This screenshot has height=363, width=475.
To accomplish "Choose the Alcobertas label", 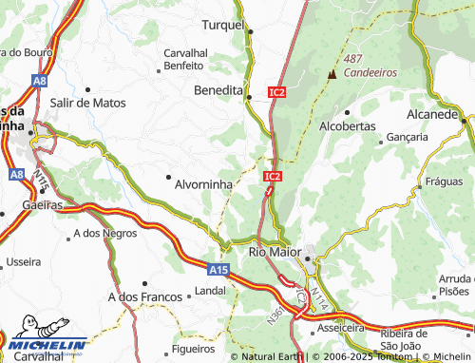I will point(348,125).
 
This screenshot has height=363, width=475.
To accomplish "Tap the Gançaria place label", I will point(408,137).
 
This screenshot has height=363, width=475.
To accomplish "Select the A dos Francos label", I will point(145,297).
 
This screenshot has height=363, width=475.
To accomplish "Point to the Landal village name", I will point(210,290).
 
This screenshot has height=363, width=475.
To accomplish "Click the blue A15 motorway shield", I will point(219,270).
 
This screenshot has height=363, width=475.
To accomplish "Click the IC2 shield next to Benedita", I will point(276,92).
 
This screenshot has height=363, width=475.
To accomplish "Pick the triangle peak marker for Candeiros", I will point(332,74).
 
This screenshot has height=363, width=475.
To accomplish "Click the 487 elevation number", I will point(353,58).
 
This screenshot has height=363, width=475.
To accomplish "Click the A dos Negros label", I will point(104,232).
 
